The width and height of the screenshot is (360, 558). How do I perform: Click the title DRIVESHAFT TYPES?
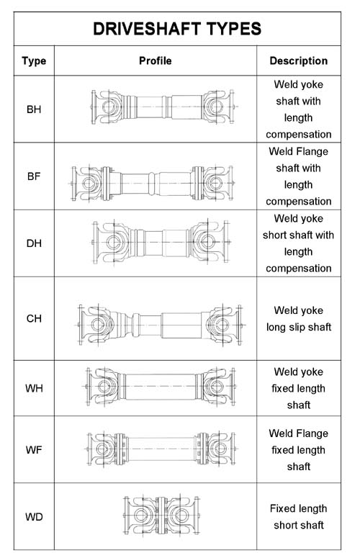tap(177, 29)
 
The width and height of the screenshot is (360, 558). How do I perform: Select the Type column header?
tap(34, 61)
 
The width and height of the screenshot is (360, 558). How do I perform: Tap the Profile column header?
tap(155, 60)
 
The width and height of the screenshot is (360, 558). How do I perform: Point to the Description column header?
tap(299, 61)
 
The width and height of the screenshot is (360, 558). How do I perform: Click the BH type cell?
tap(34, 109)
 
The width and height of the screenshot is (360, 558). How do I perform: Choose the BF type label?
tap(34, 176)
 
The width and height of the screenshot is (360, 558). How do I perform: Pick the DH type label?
tap(34, 243)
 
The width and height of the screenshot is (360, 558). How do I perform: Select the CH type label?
tap(34, 318)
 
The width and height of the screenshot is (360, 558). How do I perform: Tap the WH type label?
tap(34, 388)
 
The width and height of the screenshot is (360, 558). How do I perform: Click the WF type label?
tap(34, 450)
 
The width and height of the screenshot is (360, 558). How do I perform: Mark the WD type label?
tap(34, 517)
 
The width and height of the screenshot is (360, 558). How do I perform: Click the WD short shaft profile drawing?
tap(161, 515)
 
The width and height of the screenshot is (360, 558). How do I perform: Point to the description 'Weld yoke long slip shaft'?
tap(299, 318)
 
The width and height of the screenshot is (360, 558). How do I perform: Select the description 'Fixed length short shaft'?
tap(299, 517)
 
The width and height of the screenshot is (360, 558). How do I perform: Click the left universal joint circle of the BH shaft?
tap(108, 107)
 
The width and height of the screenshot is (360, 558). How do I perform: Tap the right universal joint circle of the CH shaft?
tap(222, 325)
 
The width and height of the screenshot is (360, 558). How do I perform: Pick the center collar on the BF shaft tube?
tap(152, 184)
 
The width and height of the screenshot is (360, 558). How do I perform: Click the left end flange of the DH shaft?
tap(95, 243)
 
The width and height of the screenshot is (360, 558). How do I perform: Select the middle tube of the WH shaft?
tap(161, 387)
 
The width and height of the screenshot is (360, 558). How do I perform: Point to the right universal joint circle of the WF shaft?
tap(220, 449)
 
